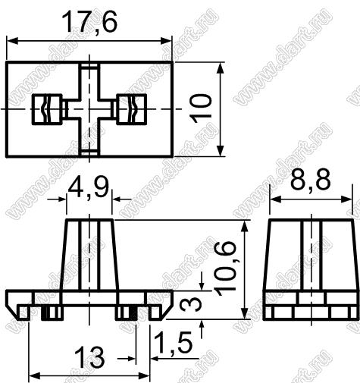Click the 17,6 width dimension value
[x=89, y=22]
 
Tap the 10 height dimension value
[x=201, y=108]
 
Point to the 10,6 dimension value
[x=226, y=268]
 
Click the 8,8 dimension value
[x=310, y=181]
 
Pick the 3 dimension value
[x=192, y=304]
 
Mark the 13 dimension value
[x=89, y=357]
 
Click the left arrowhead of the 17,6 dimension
[x=12, y=40]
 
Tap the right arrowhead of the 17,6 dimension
[x=167, y=40]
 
